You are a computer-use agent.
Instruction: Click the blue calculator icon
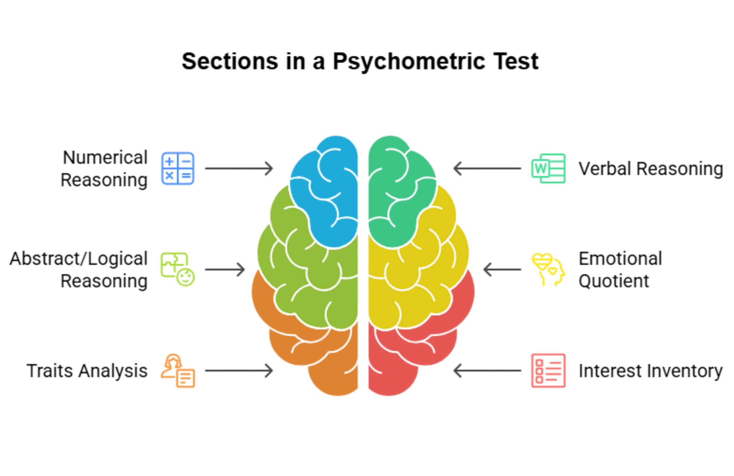tap(178, 168)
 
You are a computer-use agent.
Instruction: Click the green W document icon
tap(548, 168)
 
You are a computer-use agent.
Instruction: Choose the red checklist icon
tap(548, 370)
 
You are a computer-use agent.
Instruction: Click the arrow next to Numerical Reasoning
tap(239, 168)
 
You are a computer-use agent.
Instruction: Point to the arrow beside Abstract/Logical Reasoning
tap(225, 269)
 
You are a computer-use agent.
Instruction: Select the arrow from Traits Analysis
tap(239, 371)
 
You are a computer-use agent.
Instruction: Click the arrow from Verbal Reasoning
tap(487, 168)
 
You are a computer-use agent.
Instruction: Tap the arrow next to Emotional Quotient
tap(502, 269)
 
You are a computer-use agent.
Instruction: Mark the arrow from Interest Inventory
tap(487, 371)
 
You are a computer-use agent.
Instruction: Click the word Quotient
tap(614, 281)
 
